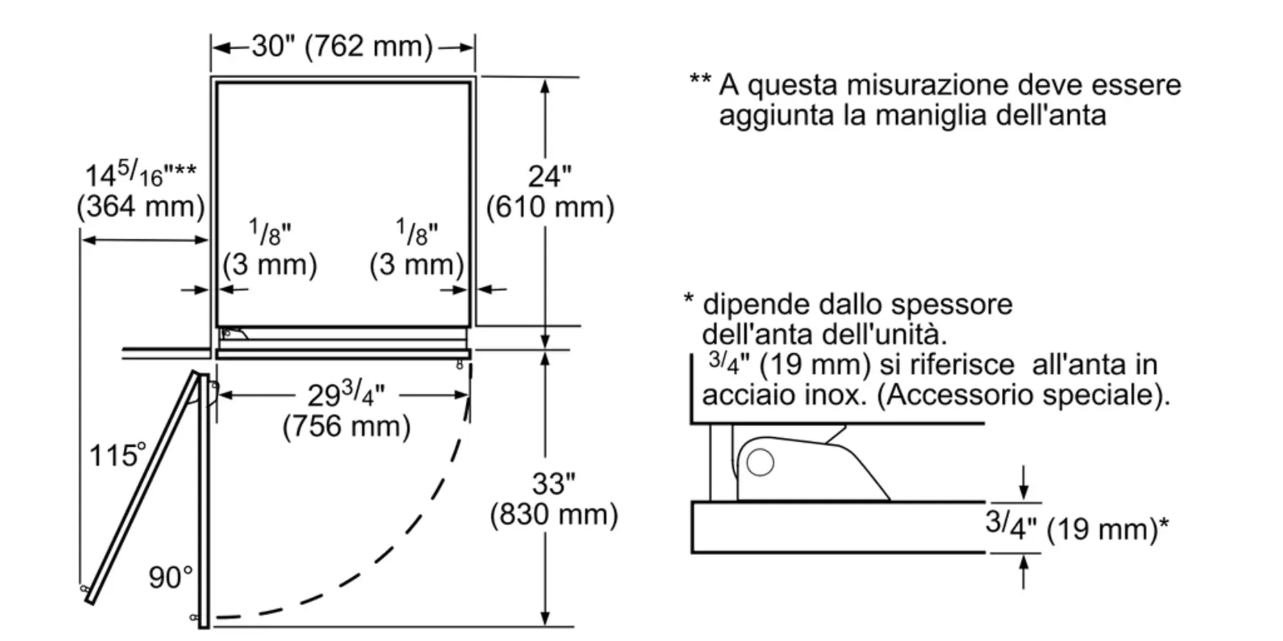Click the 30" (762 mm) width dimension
coord(342,46)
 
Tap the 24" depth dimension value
coord(549,176)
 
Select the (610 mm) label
coord(550,207)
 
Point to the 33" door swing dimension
coord(553,483)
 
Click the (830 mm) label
coord(554,514)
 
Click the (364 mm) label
coord(140,206)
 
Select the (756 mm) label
coord(346,426)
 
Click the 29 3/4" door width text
coord(346,394)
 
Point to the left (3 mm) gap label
coord(269,264)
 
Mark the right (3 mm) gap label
coord(416,264)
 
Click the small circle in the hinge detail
coord(760,462)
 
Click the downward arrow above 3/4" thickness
coord(1024,483)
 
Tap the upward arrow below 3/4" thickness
coord(1024,571)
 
